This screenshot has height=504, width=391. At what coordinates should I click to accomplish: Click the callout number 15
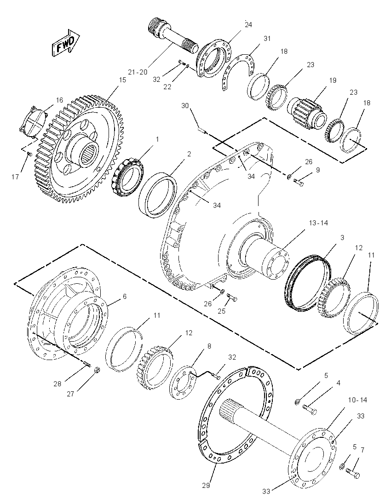pos(122,80)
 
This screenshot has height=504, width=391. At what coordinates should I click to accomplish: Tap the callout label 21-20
pos(137,72)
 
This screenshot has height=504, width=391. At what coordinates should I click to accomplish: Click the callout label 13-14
pos(318,223)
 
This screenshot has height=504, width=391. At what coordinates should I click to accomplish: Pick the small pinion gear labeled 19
pos(307,114)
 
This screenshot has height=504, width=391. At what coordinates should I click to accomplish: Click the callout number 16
pos(59,100)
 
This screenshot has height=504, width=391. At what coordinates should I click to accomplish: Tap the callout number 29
pos(206,485)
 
